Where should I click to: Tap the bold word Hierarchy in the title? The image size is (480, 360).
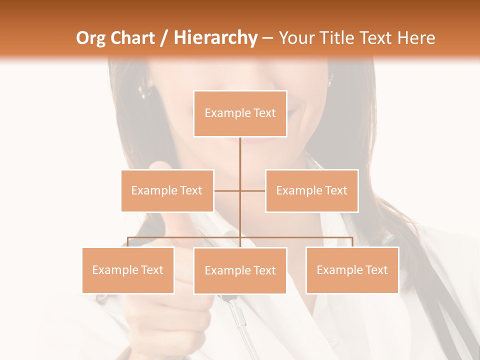click(215, 38)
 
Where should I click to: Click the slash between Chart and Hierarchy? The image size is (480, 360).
click(164, 38)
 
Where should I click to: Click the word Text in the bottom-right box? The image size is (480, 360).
click(376, 270)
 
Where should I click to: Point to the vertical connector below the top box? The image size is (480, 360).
click(240, 155)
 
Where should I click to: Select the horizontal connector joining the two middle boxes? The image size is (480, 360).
click(252, 190)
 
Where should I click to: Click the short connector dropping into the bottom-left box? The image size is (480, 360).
click(127, 242)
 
